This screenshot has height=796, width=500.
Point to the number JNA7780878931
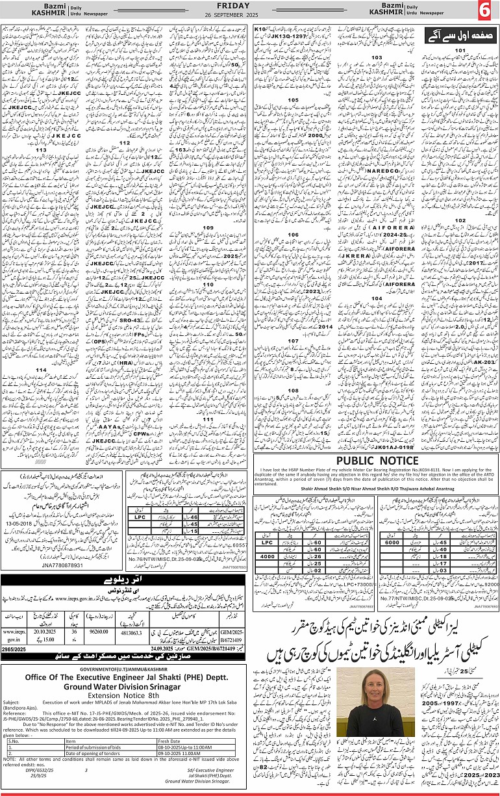click(44, 547)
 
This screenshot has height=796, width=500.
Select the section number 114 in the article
click(41, 370)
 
